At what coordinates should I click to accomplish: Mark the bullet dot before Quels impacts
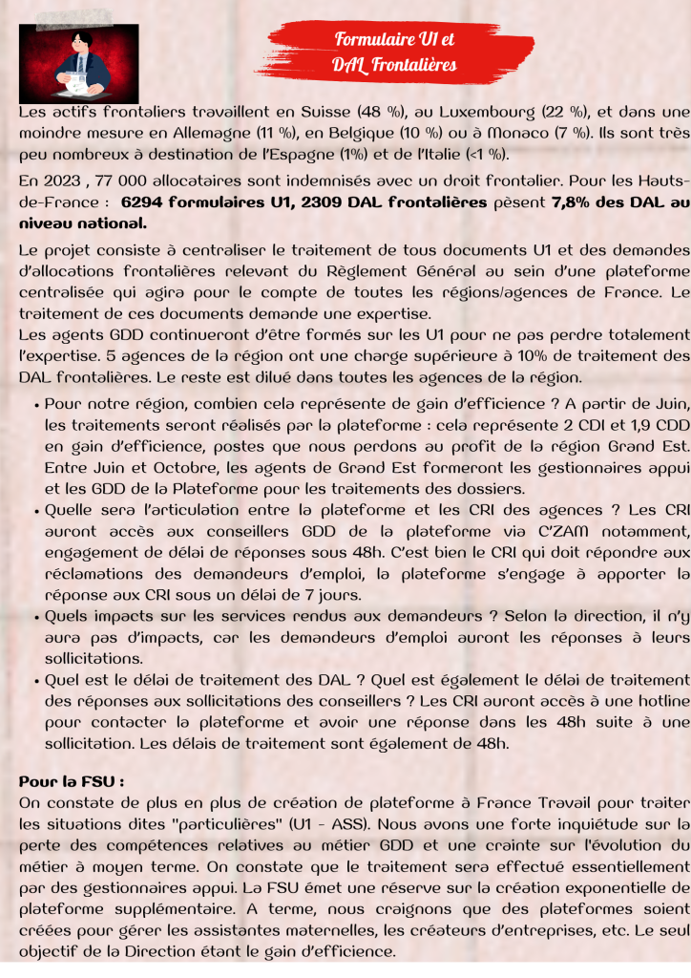click(35, 616)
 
